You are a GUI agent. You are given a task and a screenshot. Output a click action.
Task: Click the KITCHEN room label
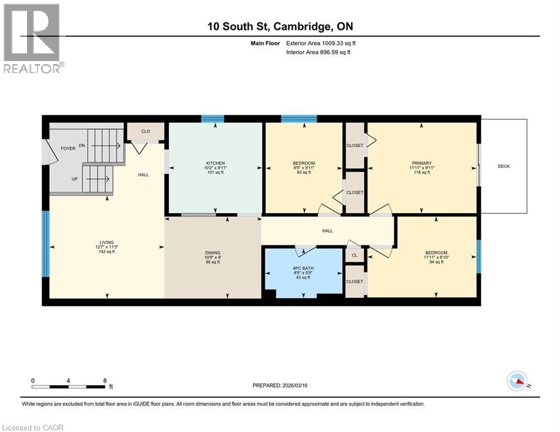(216, 162)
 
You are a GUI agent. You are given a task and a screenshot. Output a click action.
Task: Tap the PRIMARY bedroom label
(421, 162)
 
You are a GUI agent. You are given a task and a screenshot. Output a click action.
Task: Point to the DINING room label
(213, 253)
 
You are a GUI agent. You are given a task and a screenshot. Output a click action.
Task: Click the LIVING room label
(107, 242)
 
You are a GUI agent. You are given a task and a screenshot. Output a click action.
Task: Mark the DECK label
(504, 166)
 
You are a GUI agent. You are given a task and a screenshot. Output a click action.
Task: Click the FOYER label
(68, 148)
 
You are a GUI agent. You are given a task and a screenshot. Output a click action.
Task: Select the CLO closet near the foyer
(145, 132)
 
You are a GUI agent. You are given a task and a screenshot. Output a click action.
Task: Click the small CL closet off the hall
(355, 254)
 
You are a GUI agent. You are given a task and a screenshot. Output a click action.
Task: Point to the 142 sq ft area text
(107, 252)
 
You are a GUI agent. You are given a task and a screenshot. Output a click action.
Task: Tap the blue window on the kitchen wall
(213, 119)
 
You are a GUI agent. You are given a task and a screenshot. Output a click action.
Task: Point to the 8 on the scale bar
(105, 380)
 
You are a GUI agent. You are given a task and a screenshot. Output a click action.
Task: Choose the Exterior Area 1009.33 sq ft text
(321, 43)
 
